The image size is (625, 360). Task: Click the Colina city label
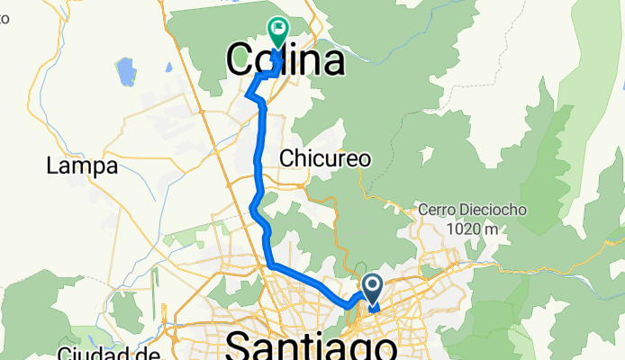(285, 61)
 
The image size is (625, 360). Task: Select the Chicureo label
(325, 158)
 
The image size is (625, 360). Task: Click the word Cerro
(437, 210)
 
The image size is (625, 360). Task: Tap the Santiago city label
(312, 346)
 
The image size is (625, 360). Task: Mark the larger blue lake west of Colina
(124, 71)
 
